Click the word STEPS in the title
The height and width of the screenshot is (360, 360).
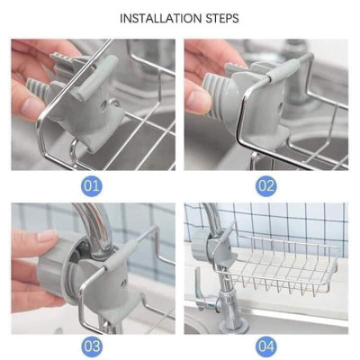221,18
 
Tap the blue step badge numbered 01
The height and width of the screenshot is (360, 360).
92,185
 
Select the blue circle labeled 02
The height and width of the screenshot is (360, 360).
265,185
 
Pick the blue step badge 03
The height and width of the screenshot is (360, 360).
92,346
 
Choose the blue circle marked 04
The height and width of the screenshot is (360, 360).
265,346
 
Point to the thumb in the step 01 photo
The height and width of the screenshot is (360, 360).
32,106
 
